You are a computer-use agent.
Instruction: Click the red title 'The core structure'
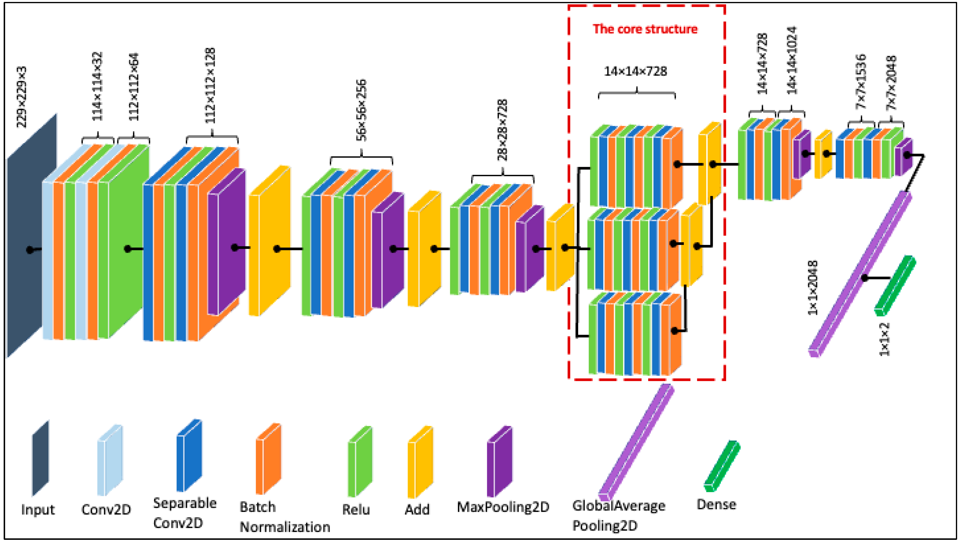pos(645,29)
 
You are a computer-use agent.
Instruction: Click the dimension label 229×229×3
pos(22,97)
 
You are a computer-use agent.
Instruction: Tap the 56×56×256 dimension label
pos(361,110)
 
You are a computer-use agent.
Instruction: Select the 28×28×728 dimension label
pos(502,130)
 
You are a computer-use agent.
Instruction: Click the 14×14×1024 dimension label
pos(792,60)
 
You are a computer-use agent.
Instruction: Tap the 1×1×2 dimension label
pos(885,339)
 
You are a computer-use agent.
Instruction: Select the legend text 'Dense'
pos(716,504)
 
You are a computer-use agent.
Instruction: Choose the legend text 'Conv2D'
pos(106,509)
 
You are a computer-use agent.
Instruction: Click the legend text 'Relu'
pos(356,509)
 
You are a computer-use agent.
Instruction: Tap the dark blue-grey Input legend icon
pos(40,459)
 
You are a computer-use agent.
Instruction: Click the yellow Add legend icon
pos(420,462)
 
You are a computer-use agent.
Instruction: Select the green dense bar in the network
pos(895,286)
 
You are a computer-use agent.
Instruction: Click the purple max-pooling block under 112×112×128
pos(226,243)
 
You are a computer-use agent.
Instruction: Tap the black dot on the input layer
pos(30,250)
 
